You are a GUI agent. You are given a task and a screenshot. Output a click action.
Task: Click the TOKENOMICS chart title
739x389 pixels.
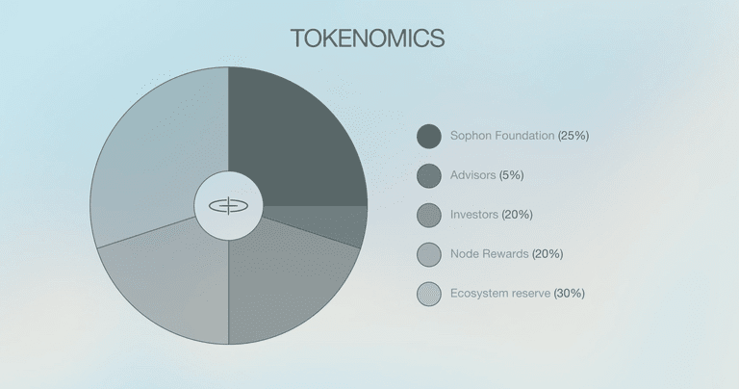[368, 39]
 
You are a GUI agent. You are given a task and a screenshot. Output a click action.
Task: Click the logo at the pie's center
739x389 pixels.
[229, 206]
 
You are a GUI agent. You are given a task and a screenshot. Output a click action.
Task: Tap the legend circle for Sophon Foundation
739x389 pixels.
[429, 137]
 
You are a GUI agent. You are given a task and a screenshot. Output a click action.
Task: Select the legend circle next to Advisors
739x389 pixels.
[429, 176]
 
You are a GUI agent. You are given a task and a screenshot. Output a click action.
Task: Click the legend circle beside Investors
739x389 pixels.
[429, 215]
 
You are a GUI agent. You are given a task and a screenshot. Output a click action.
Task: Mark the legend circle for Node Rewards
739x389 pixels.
[429, 254]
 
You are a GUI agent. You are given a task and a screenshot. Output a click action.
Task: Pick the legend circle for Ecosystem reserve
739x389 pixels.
[429, 294]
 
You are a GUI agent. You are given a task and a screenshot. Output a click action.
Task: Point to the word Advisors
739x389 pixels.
[472, 175]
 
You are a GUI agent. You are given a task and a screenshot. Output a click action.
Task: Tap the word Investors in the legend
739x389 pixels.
[474, 215]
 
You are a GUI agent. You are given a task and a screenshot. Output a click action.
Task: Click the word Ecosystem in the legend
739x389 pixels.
[477, 294]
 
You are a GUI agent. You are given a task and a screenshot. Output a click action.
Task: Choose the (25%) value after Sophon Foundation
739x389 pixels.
[573, 136]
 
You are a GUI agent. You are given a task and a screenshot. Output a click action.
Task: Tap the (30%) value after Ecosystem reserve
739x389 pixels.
[570, 294]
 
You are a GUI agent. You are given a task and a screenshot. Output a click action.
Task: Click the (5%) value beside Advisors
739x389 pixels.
[511, 175]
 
